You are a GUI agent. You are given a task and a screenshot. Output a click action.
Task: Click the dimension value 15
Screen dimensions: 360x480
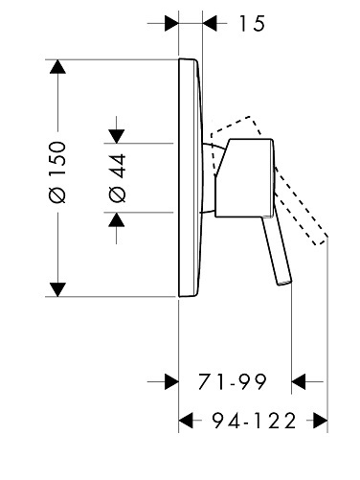pyautogui.click(x=252, y=23)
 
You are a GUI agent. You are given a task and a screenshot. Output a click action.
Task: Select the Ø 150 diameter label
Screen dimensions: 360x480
pyautogui.click(x=57, y=171)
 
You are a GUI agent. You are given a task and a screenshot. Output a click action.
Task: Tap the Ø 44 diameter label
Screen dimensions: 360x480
pyautogui.click(x=117, y=178)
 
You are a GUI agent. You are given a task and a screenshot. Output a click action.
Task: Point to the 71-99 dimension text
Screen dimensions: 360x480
pyautogui.click(x=232, y=381)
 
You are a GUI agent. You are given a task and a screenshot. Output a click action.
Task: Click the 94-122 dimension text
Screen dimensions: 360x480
pyautogui.click(x=255, y=421)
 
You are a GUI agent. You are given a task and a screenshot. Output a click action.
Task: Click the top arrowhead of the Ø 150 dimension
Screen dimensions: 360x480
pyautogui.click(x=57, y=67)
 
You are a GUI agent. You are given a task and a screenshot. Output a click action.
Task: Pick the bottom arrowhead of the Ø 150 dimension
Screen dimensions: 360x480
pyautogui.click(x=57, y=289)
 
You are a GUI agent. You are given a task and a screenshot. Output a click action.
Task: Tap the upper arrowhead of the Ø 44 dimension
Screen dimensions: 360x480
pyautogui.click(x=116, y=136)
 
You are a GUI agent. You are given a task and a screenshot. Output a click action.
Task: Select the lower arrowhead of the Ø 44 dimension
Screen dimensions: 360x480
pyautogui.click(x=116, y=219)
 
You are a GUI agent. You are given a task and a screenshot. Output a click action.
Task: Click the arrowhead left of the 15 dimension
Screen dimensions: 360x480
pyautogui.click(x=171, y=23)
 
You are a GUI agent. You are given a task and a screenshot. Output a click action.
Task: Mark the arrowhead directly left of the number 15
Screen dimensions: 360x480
pyautogui.click(x=210, y=23)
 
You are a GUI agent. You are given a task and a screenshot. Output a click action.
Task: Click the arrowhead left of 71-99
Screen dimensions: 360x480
pyautogui.click(x=171, y=381)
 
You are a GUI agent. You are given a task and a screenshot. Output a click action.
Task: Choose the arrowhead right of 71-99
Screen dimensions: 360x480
pyautogui.click(x=299, y=381)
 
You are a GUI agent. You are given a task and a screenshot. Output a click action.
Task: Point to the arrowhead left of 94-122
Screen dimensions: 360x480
pyautogui.click(x=186, y=421)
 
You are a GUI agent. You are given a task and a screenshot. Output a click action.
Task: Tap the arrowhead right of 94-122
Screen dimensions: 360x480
pyautogui.click(x=321, y=421)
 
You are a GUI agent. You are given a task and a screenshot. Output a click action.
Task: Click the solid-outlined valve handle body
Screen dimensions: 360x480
pyautogui.click(x=244, y=178)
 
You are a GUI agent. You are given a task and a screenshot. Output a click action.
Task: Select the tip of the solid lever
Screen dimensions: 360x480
pyautogui.click(x=285, y=282)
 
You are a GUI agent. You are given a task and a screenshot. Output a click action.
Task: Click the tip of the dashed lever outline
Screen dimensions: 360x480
pyautogui.click(x=321, y=241)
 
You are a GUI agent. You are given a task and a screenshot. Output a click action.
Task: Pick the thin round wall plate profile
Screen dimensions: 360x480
pyautogui.click(x=191, y=178)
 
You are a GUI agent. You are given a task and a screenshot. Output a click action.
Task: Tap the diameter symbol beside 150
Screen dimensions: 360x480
pyautogui.click(x=57, y=194)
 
